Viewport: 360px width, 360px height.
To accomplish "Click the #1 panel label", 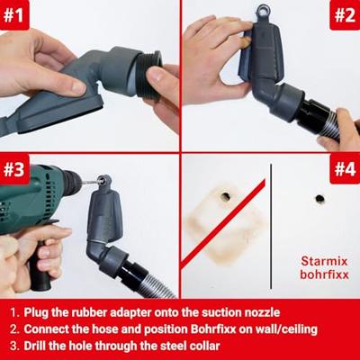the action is tap(13, 14).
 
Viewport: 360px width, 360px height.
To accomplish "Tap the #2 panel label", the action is tap(345, 15).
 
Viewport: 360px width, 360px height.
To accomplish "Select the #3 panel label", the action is tap(13, 169).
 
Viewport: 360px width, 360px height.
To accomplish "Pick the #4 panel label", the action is tap(345, 168).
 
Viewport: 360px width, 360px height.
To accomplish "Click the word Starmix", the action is tap(324, 261).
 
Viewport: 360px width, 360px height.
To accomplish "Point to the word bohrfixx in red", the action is tap(324, 274).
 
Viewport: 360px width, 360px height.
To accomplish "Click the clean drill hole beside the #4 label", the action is tap(319, 198).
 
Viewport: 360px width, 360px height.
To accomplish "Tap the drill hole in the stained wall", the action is tap(225, 196).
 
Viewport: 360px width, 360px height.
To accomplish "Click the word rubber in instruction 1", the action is tap(89, 312).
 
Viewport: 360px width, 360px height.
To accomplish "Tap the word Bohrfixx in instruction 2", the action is tap(212, 329).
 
